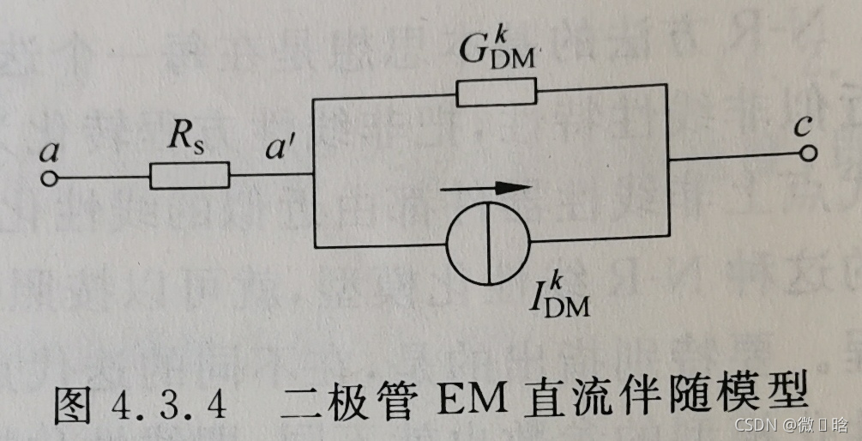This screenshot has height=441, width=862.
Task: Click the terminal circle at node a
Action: (49, 178)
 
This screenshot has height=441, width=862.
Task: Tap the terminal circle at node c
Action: (810, 153)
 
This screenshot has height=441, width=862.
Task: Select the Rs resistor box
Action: (190, 176)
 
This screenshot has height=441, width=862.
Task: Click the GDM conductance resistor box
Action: (497, 91)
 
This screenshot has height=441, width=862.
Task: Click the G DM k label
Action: (497, 51)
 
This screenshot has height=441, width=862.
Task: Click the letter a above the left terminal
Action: (49, 153)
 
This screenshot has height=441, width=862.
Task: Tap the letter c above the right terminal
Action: (802, 126)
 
